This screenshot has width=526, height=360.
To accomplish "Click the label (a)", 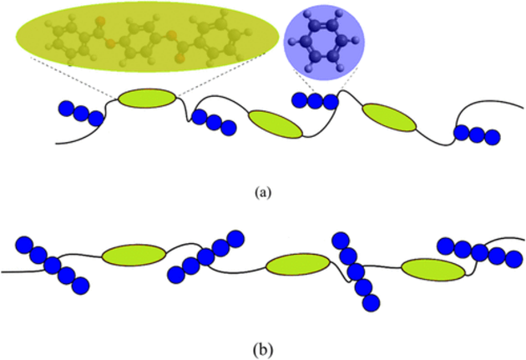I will [x=262, y=192].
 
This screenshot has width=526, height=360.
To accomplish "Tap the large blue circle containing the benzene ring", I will [x=324, y=40].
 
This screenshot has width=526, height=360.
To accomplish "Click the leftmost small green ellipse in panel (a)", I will [x=147, y=99].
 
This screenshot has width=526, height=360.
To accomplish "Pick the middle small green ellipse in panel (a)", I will [x=275, y=124].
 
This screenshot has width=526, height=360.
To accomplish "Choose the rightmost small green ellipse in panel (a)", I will [x=389, y=117].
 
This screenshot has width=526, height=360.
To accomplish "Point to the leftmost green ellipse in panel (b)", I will [x=134, y=255].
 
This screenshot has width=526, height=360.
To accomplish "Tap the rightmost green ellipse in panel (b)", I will [x=432, y=270].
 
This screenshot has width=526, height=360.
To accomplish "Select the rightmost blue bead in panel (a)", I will [x=492, y=134].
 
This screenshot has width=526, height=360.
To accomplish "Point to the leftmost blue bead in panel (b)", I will [x=24, y=245].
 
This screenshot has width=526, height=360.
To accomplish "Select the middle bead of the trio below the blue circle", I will [x=316, y=101].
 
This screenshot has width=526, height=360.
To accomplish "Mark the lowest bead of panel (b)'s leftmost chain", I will [x=80, y=286].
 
